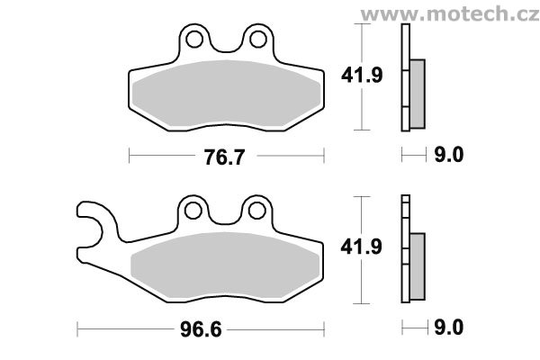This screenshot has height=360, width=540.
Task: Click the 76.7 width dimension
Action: coord(224,157)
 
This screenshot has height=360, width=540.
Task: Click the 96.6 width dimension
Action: coord(201,330)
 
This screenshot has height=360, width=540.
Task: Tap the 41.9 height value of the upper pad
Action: coord(362,75)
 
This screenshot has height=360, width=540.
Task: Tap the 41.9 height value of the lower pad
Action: coord(361,247)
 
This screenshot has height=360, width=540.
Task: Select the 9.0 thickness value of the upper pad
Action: coord(449,155)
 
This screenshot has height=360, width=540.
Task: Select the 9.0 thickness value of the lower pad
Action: coord(449,327)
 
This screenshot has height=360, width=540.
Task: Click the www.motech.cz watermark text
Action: coord(450,14)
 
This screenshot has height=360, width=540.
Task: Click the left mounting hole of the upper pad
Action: coord(193,40)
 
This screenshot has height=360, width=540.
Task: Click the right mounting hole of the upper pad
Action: coord(258,40)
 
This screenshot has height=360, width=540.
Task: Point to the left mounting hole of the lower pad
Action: coord(193,210)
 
